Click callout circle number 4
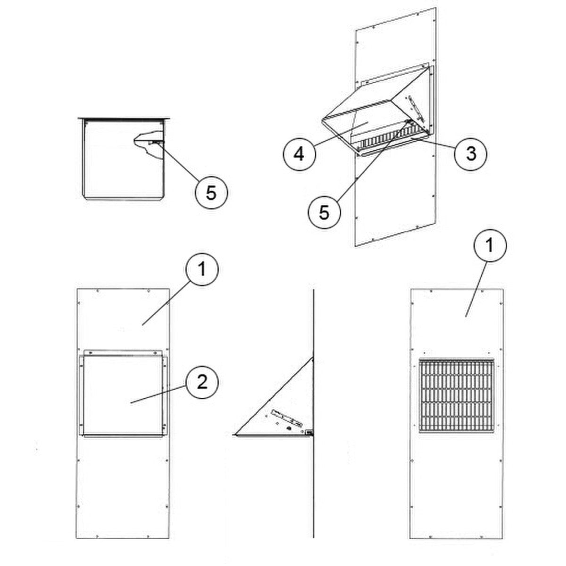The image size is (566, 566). pyautogui.click(x=299, y=154)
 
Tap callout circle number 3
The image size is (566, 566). pyautogui.click(x=471, y=153)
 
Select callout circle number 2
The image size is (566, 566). pyautogui.click(x=202, y=383)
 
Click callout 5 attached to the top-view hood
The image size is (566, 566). pyautogui.click(x=211, y=193)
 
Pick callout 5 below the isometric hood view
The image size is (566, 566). pyautogui.click(x=324, y=212)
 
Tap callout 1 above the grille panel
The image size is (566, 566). pyautogui.click(x=490, y=245)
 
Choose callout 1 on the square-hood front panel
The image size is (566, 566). pyautogui.click(x=202, y=269)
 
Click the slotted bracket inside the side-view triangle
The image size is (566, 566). pyautogui.click(x=287, y=418)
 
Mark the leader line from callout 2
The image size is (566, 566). pyautogui.click(x=158, y=394)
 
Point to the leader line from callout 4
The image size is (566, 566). pyautogui.click(x=340, y=133)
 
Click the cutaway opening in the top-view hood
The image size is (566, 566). pyautogui.click(x=148, y=143)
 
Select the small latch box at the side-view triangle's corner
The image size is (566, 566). pyautogui.click(x=308, y=432)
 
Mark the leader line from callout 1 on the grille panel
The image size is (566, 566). pyautogui.click(x=475, y=289)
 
